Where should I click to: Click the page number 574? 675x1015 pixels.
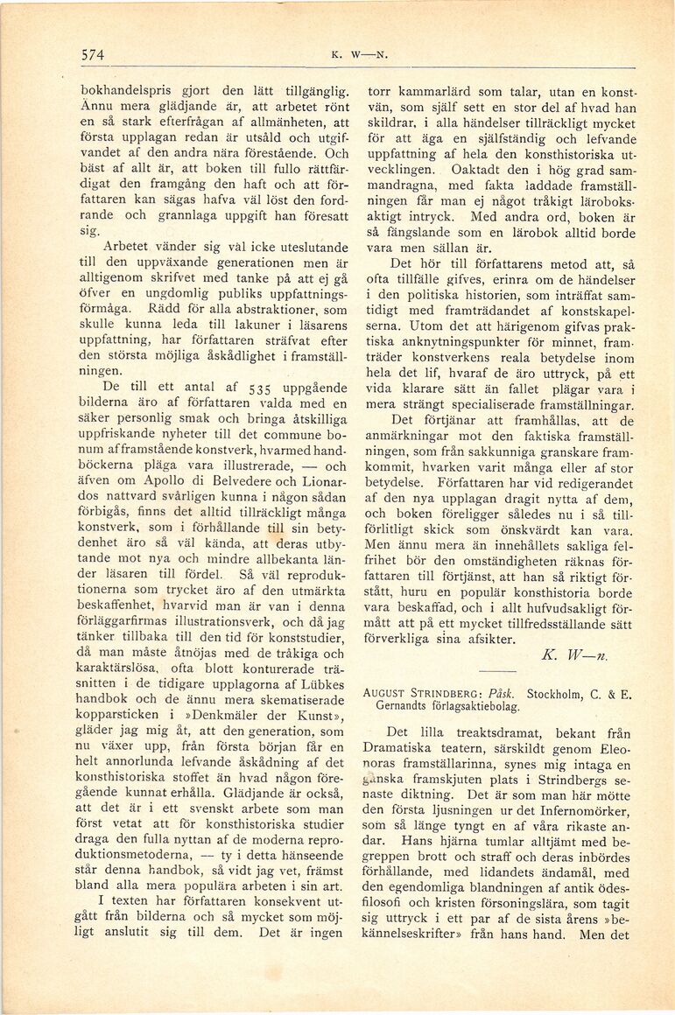click(93, 54)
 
